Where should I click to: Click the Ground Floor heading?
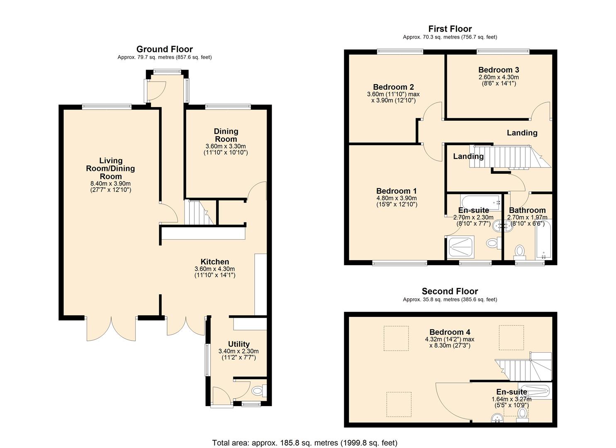164,49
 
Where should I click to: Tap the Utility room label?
239,344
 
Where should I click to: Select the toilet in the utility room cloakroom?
258,390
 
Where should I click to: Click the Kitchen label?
214,262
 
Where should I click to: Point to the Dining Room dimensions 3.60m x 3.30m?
225,146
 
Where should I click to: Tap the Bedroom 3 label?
498,70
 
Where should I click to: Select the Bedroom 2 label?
393,87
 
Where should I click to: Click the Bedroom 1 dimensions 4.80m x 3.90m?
396,198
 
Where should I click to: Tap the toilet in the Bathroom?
519,251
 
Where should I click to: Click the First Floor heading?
450,29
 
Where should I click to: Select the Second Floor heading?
450,291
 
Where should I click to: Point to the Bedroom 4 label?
450,332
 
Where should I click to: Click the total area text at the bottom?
304,443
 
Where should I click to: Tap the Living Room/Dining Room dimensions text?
110,187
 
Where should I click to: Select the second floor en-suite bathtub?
534,391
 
